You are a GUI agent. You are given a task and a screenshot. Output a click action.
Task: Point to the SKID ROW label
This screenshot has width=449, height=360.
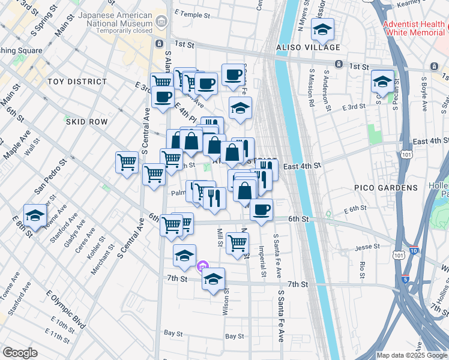point(86,122)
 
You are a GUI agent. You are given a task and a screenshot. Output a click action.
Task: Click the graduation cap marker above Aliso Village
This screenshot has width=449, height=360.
point(323,29)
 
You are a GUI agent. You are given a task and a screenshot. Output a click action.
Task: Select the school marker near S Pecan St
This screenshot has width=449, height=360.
point(382,82)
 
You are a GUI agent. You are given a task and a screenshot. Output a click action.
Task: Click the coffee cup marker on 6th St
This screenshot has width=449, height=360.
point(261,210)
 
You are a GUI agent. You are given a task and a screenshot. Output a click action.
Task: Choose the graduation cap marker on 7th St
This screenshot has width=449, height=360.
point(213,279)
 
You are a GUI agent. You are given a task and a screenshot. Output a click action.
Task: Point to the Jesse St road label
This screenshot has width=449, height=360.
point(368,247)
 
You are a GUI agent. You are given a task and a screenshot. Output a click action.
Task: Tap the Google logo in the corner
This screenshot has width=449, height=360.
point(20,353)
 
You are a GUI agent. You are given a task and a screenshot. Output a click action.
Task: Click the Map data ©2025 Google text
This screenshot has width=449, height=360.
point(411,355)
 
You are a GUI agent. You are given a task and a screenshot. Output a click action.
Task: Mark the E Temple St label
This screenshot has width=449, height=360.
point(193,12)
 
